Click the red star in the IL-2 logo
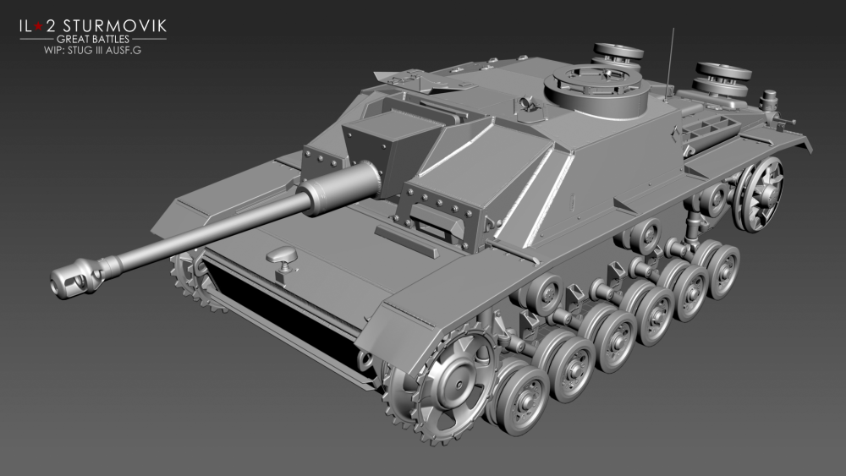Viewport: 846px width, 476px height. point(39,26)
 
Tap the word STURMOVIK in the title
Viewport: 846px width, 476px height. point(115,26)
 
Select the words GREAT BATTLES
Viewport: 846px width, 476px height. point(93,40)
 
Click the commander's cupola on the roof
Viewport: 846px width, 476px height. point(596,90)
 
